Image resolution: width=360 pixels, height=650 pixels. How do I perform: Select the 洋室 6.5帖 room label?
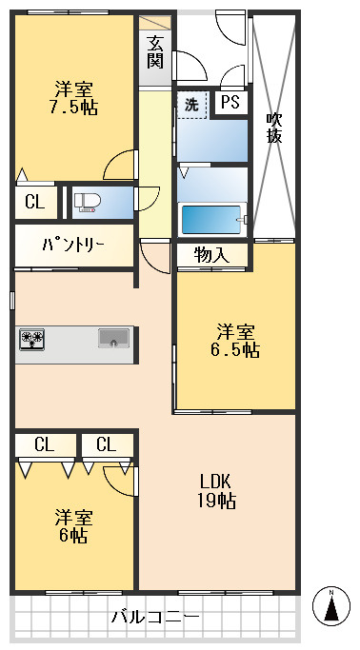point(236,341)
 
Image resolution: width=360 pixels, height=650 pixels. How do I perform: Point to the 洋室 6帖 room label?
point(73,526)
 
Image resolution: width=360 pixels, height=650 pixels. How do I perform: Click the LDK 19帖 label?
point(217,491)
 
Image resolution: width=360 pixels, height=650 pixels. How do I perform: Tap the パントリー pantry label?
point(72,245)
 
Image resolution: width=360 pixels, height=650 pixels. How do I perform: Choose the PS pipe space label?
point(230,103)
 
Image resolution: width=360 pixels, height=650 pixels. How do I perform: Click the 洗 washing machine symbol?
point(191,105)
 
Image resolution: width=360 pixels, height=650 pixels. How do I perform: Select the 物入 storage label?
point(211,255)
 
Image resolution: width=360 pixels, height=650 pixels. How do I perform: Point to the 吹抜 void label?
point(274,128)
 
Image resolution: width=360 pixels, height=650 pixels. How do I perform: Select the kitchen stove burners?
point(31,338)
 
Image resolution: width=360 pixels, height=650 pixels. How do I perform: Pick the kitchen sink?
point(113,338)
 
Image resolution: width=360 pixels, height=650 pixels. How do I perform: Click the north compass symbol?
point(330,606)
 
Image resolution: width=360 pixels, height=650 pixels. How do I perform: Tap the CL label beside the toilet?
point(34,202)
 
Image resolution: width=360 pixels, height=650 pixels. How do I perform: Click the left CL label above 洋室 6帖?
point(43,444)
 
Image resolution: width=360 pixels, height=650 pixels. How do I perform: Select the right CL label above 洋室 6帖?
point(105,444)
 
